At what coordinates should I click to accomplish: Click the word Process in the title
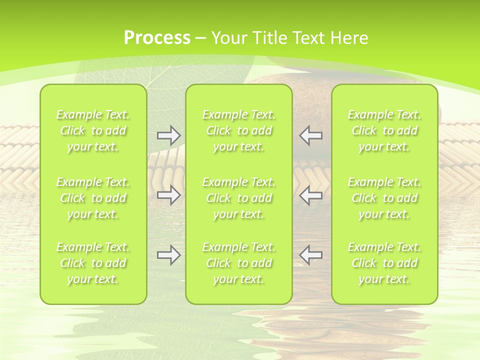157,38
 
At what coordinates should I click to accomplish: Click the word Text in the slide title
307,38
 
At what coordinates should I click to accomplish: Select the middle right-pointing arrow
169,195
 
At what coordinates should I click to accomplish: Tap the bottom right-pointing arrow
169,255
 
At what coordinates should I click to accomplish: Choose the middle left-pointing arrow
310,195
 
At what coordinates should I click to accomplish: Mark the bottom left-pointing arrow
310,255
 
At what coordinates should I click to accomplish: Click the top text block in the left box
93,130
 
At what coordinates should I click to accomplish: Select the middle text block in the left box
93,198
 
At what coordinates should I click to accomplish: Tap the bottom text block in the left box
93,263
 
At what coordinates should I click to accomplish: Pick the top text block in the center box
239,130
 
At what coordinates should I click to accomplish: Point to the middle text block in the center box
239,198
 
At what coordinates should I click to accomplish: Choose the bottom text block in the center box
239,263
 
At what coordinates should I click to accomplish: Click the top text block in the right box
384,130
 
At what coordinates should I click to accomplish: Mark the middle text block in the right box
384,198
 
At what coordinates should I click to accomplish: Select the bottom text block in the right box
384,263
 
